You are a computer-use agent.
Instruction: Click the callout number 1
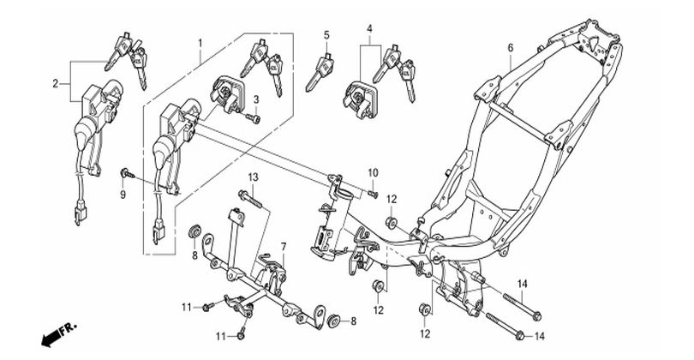pyautogui.click(x=200, y=42)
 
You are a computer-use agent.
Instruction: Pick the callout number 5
pyautogui.click(x=326, y=35)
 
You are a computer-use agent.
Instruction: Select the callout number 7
pyautogui.click(x=284, y=247)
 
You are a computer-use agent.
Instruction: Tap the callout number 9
pyautogui.click(x=122, y=195)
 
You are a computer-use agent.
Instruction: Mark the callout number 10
pyautogui.click(x=373, y=174)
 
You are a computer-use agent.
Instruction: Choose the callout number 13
pyautogui.click(x=254, y=177)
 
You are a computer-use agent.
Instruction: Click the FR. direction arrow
pyautogui.click(x=57, y=330)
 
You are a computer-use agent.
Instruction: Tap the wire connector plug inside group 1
pyautogui.click(x=160, y=228)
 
